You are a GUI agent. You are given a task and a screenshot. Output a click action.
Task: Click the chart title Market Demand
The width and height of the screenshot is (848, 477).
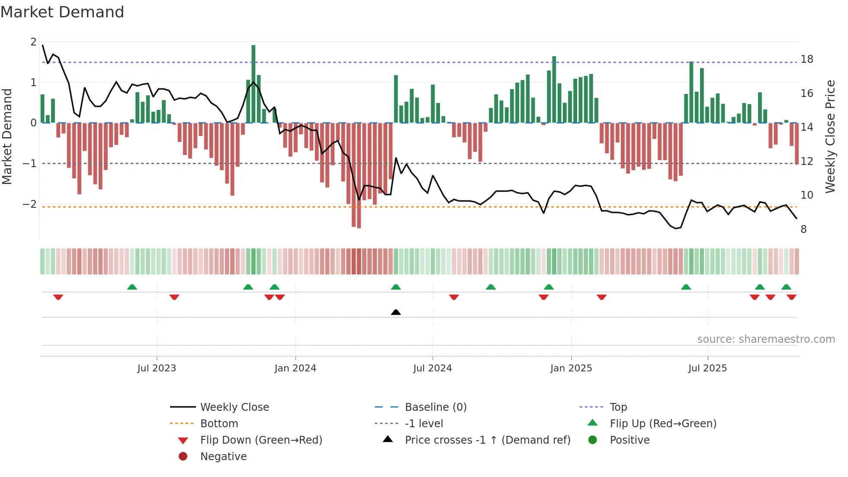[x=62, y=12]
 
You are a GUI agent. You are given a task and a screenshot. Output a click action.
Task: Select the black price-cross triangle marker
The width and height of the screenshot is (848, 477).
[x=395, y=312]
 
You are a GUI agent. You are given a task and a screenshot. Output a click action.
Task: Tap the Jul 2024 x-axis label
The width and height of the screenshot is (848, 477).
[x=432, y=368]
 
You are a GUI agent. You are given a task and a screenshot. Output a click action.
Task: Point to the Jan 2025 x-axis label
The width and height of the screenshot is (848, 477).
[x=571, y=368]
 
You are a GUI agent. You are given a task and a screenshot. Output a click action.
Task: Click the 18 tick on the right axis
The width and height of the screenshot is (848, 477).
[x=806, y=59]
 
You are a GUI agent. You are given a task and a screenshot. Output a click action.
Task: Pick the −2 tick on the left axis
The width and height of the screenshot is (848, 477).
[x=30, y=204]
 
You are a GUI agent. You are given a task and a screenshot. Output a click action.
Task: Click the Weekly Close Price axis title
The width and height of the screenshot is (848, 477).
[x=830, y=136]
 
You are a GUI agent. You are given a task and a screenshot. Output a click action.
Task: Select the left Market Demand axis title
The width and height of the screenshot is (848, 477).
[x=7, y=136]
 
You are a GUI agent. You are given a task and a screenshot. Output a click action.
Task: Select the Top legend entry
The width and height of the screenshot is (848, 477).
[x=618, y=407]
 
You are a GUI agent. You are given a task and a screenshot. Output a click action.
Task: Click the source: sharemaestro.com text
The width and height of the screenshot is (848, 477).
[x=766, y=339]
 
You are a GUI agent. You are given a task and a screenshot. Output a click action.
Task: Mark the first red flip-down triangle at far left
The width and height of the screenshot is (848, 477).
[x=58, y=297]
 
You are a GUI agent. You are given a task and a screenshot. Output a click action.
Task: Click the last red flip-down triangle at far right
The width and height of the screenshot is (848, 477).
[x=791, y=297]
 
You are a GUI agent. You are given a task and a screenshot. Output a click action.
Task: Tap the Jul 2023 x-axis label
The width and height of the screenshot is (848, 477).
[x=157, y=368]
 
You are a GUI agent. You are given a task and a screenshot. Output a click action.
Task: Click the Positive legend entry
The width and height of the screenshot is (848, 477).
[x=629, y=440]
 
